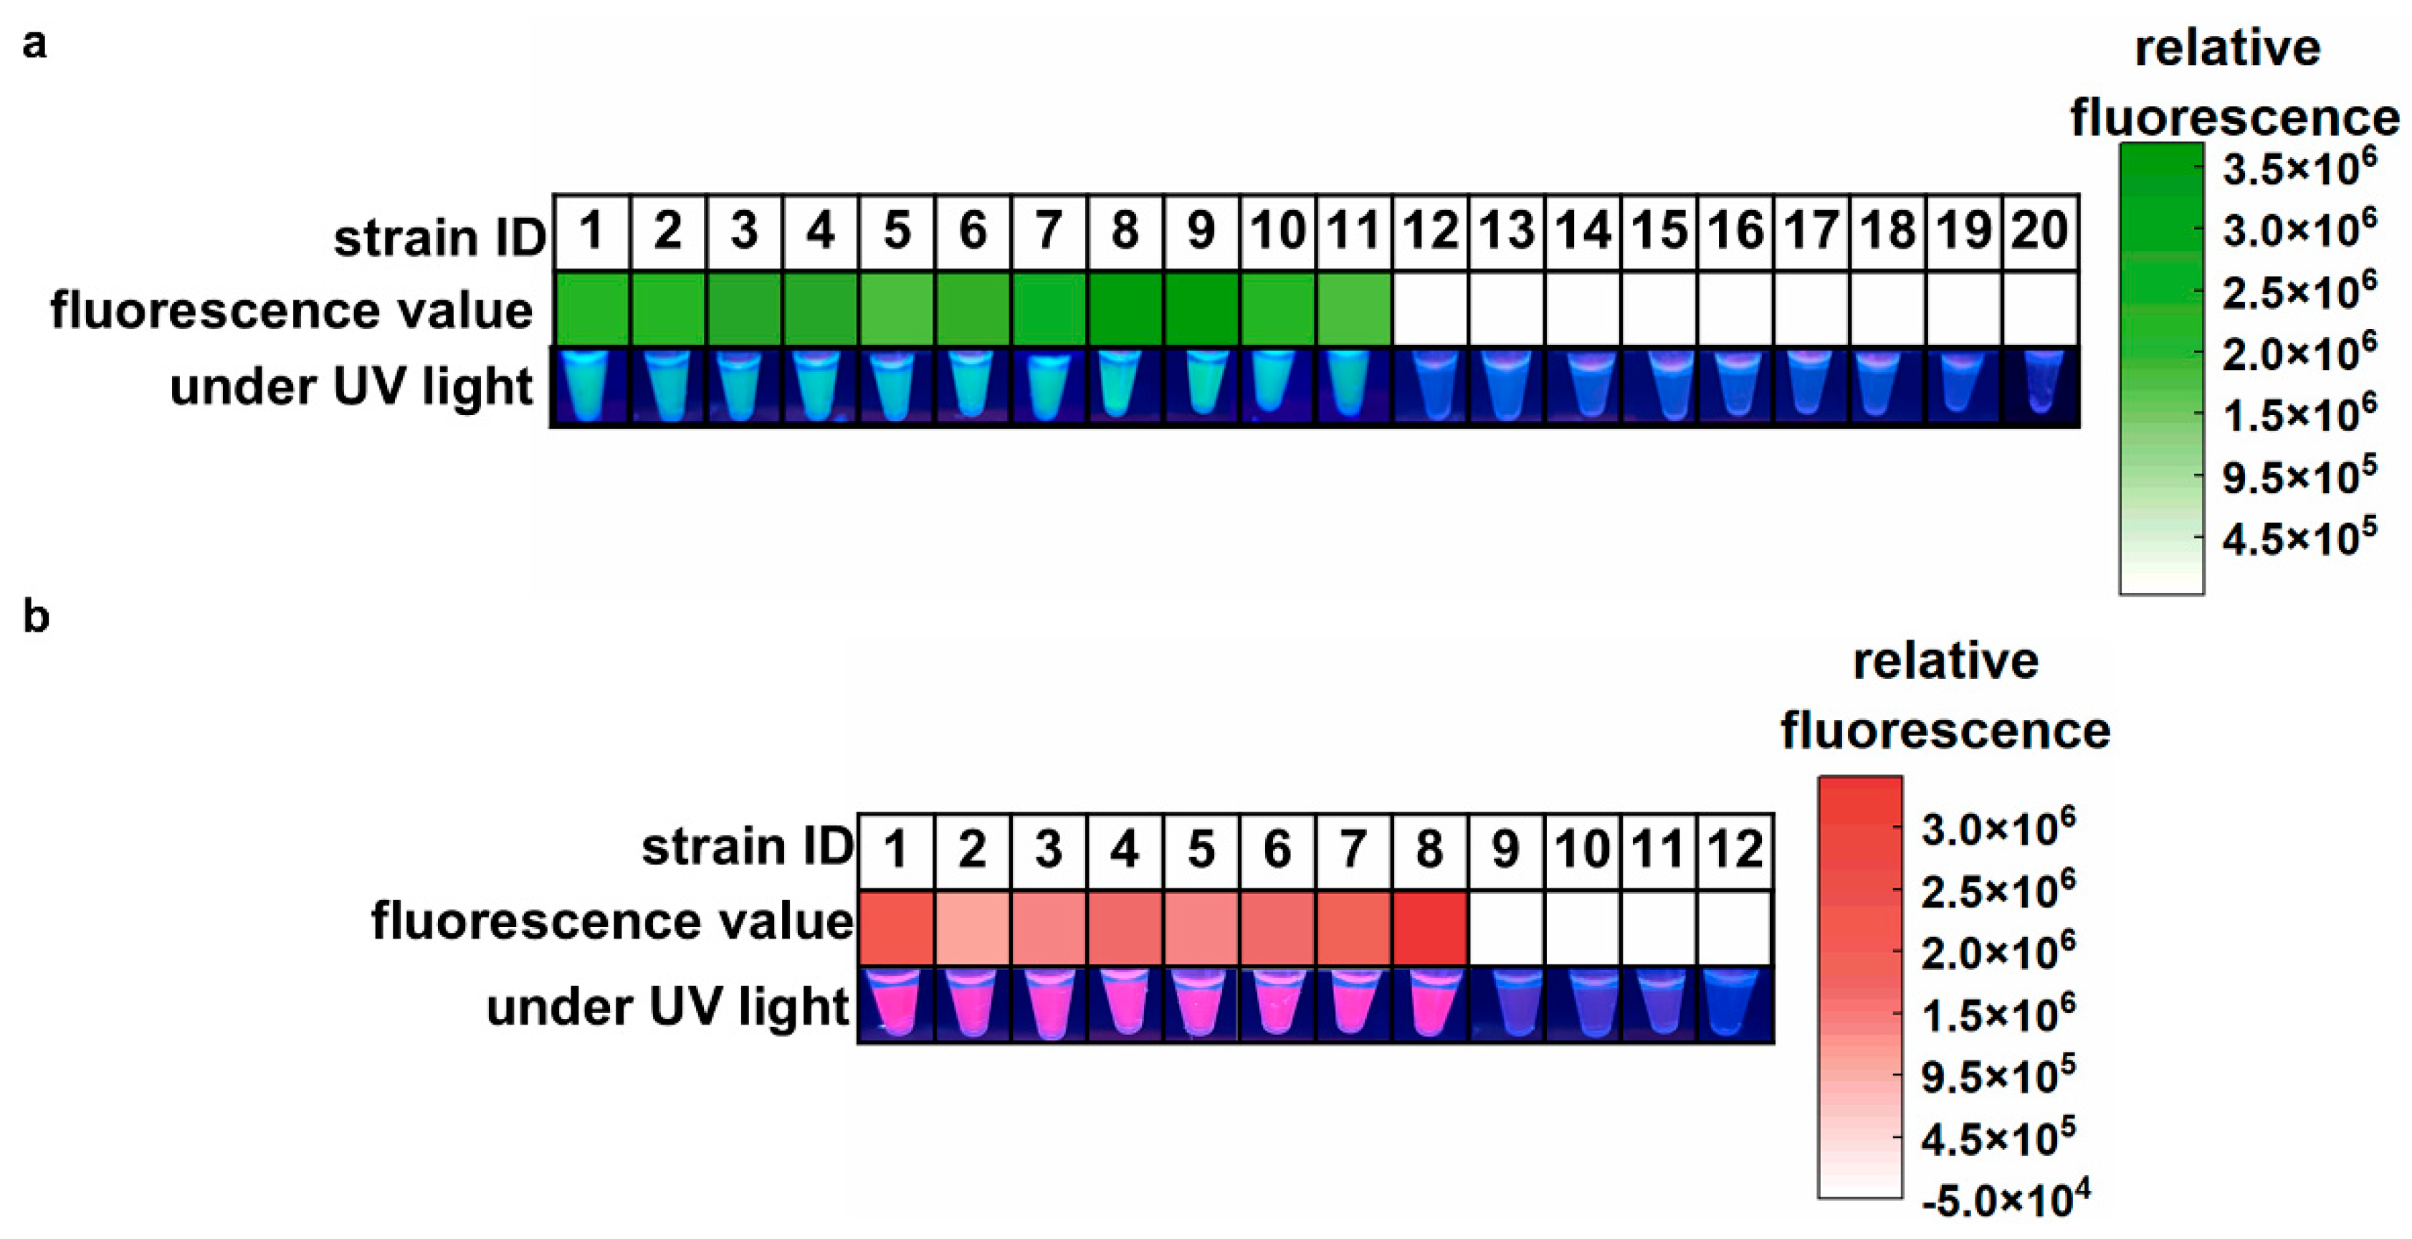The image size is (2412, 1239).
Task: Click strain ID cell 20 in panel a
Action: coord(2039,232)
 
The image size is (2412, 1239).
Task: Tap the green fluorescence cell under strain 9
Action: coord(1201,309)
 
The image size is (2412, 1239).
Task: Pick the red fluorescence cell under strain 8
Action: coord(1429,927)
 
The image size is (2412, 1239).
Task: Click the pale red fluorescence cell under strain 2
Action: coord(972,927)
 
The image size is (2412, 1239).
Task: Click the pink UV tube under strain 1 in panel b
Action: coord(895,1004)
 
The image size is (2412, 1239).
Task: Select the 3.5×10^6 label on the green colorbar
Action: coord(2299,168)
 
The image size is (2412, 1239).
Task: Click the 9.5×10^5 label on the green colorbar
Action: coord(2299,477)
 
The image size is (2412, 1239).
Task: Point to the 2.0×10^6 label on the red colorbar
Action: coord(1997,952)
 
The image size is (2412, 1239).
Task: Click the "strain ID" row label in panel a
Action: coord(439,237)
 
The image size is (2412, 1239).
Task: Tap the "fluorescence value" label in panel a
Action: coord(291,310)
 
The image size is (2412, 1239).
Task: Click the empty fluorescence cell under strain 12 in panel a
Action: coord(1430,309)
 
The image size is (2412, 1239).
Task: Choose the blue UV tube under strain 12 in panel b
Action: coord(1733,1004)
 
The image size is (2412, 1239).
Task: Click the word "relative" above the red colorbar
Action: coord(1945,661)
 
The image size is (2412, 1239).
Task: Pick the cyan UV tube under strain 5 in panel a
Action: coord(896,386)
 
